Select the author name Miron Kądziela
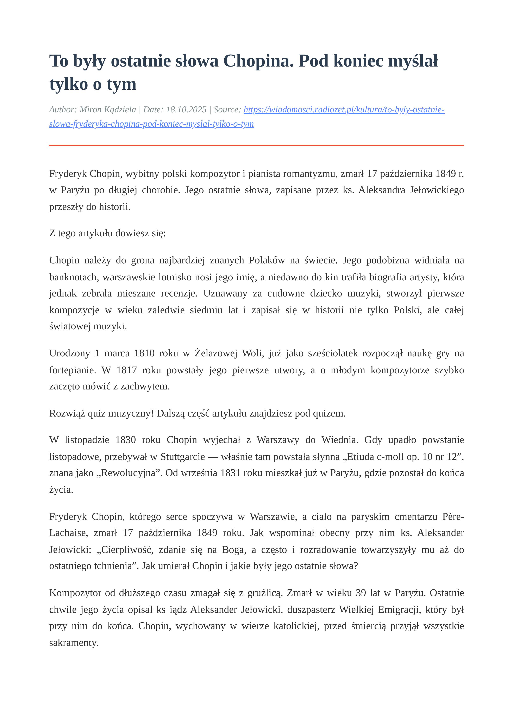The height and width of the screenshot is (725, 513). point(108,110)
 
